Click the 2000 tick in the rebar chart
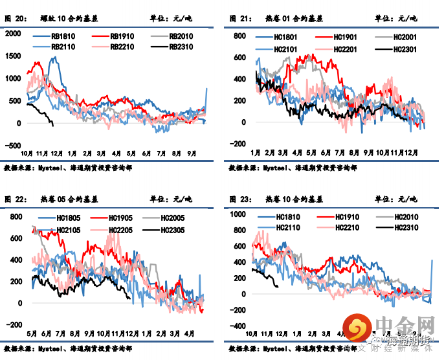[13, 34]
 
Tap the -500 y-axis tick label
[13, 145]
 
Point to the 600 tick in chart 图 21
[239, 57]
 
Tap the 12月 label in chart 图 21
[409, 153]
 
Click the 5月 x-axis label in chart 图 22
[30, 333]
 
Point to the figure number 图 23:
[241, 198]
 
